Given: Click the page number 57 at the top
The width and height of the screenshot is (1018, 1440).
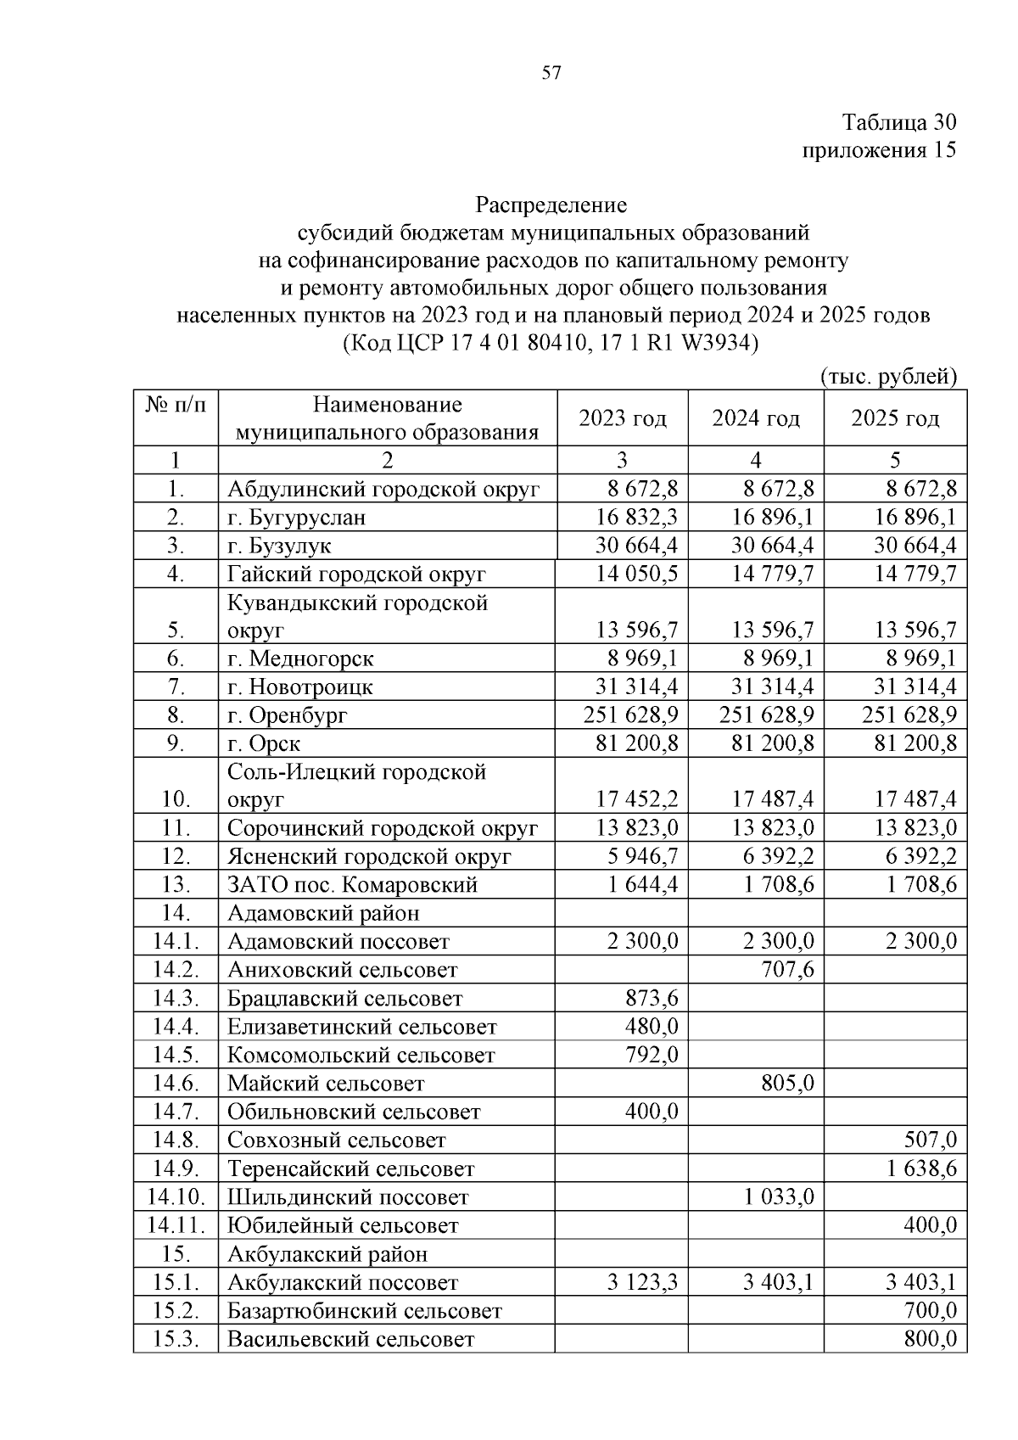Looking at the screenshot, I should coord(551,74).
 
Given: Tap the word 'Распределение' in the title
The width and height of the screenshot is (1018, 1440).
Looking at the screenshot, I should coord(551,205).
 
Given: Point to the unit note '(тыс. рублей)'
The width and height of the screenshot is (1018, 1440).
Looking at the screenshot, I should coord(888,376).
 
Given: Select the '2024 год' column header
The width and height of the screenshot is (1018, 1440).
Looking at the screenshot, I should coord(755,418).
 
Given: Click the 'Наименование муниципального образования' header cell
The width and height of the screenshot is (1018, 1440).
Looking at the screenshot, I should coord(387,418).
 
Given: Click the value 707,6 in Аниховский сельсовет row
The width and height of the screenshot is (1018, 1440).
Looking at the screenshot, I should coord(788,970).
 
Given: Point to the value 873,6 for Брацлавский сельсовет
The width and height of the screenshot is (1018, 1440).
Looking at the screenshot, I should coord(652,999).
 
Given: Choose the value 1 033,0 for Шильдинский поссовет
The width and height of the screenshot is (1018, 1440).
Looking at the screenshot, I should coord(779,1197).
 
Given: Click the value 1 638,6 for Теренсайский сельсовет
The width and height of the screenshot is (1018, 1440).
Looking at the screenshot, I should coord(921,1169).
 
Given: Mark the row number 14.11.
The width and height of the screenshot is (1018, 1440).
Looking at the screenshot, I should coord(176,1226).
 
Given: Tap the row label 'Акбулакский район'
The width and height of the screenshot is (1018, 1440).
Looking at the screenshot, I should coord(327,1254).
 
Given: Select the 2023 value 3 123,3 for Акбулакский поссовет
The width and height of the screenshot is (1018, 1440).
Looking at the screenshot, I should coord(642,1283).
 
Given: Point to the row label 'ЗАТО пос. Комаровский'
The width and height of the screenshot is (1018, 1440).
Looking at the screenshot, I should coord(352,885).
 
